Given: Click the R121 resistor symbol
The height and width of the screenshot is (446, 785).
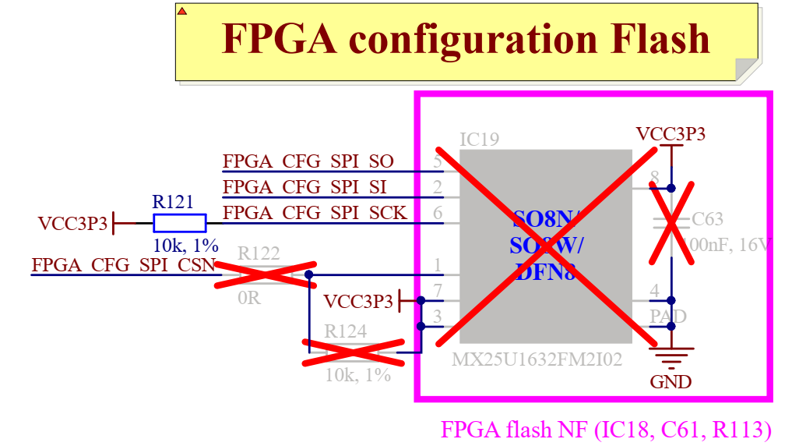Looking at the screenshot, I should (179, 223).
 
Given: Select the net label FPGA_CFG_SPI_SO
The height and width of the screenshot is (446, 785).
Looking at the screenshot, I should (308, 162).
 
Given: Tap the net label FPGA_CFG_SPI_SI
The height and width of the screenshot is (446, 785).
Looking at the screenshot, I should (304, 187).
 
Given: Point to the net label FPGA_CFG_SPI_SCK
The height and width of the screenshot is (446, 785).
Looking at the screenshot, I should (315, 212).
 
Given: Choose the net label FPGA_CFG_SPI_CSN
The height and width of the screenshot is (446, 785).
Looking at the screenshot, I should (123, 264).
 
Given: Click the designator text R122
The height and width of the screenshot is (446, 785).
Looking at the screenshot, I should (259, 253).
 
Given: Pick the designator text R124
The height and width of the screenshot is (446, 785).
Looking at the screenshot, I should (345, 331).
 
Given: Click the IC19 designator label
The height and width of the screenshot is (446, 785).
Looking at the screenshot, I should (479, 140).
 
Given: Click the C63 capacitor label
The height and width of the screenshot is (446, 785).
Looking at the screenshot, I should (707, 218).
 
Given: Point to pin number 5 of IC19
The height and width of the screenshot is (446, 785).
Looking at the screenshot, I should (438, 161).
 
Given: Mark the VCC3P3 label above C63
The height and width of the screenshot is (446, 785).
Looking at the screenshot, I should (671, 133).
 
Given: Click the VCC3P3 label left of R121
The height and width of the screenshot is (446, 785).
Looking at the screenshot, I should (72, 224).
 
